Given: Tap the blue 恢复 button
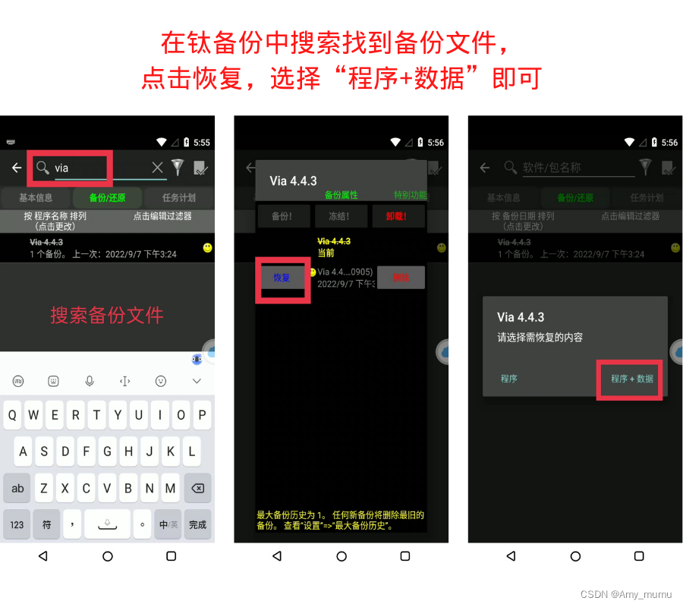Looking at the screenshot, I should click(282, 278).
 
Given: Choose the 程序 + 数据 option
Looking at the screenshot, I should click(631, 379).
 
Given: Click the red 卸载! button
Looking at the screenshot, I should click(396, 216).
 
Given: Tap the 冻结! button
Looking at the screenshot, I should click(338, 216).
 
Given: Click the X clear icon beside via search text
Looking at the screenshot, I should click(157, 168).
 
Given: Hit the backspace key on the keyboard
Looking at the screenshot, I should click(197, 488).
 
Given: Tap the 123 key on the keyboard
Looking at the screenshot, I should click(17, 524).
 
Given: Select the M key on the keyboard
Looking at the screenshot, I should click(170, 488).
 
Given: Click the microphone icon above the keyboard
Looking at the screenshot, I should click(89, 381).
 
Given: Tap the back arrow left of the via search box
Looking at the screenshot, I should click(17, 168).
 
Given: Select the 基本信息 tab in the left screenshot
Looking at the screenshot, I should click(36, 197).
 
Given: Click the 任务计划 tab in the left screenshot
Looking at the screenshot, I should click(178, 197).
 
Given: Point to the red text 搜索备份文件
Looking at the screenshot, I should click(107, 315).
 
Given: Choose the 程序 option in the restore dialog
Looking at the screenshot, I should click(508, 379).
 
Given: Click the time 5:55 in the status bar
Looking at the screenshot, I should click(202, 142).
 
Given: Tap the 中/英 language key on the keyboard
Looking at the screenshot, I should click(168, 524).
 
